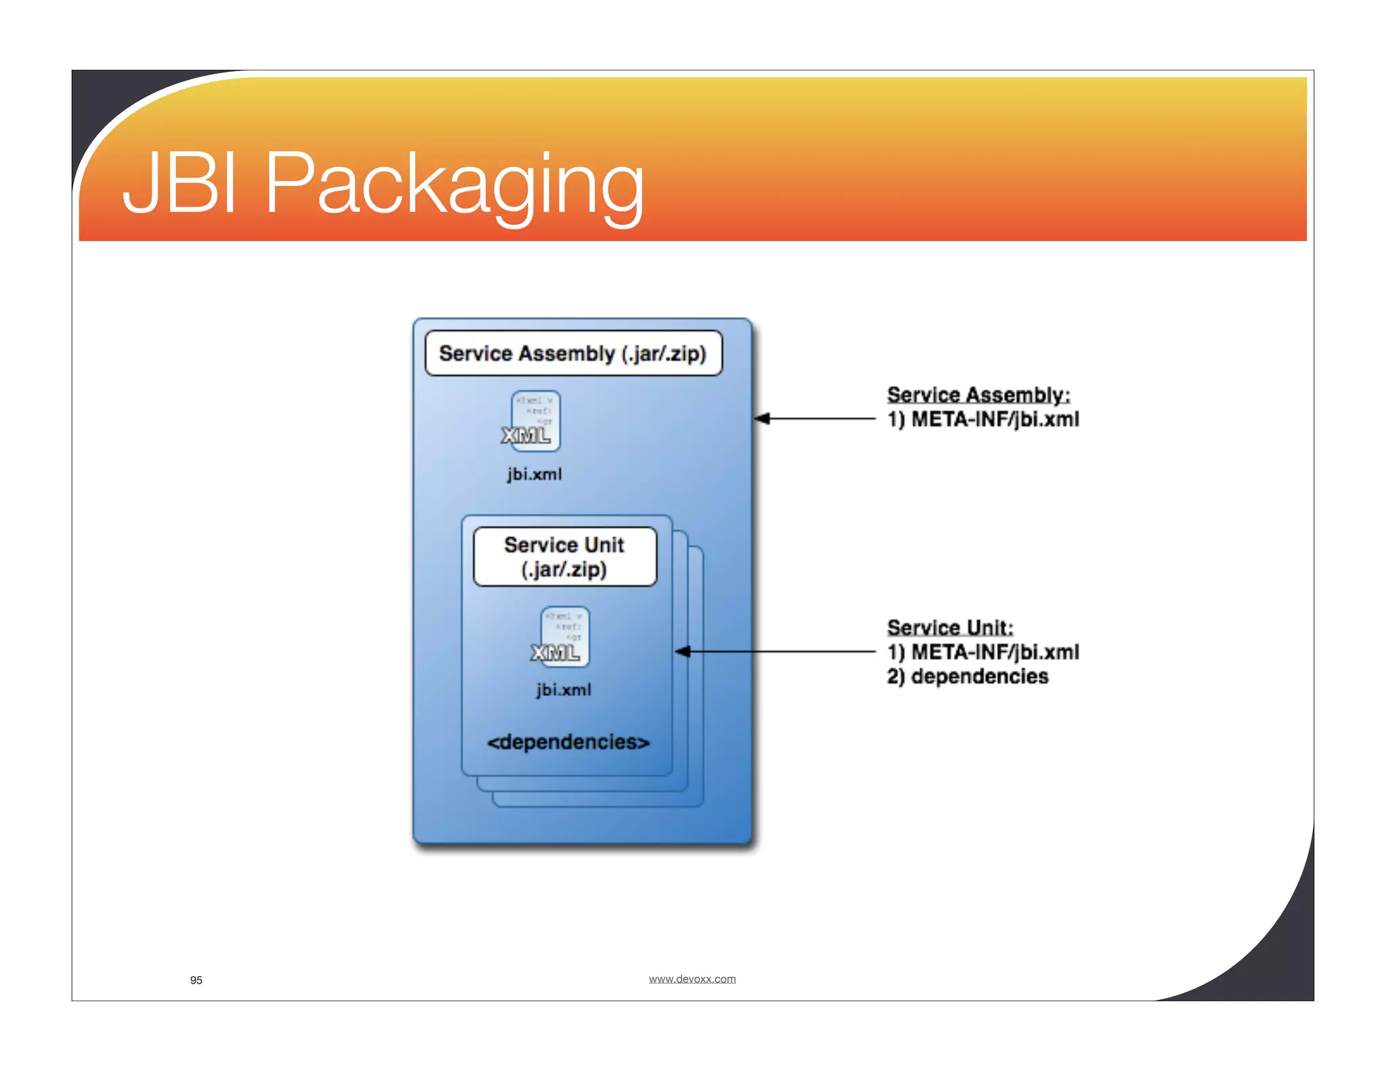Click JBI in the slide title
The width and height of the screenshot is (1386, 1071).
(180, 183)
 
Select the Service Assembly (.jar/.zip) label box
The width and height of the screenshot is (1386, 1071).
(573, 353)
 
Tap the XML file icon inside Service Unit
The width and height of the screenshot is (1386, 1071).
(563, 638)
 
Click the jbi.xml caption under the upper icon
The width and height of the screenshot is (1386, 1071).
(534, 475)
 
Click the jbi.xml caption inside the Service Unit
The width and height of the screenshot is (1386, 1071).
(563, 690)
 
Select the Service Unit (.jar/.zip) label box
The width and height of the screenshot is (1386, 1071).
(564, 556)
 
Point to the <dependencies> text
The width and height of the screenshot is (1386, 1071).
(568, 742)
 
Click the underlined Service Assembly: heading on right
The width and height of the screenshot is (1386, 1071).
(978, 395)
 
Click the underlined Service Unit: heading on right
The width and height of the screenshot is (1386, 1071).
(949, 628)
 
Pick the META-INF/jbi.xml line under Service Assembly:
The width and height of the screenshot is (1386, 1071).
(983, 420)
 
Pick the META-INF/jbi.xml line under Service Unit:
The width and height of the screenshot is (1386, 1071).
(983, 652)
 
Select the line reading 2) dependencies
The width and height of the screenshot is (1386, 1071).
(967, 676)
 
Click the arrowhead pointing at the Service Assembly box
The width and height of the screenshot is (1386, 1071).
(762, 418)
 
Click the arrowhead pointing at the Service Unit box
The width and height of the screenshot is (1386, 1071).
(683, 651)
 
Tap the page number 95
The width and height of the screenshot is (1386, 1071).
(196, 980)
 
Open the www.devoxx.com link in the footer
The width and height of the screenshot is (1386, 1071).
(692, 979)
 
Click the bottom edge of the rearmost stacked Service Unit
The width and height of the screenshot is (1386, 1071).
(599, 806)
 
